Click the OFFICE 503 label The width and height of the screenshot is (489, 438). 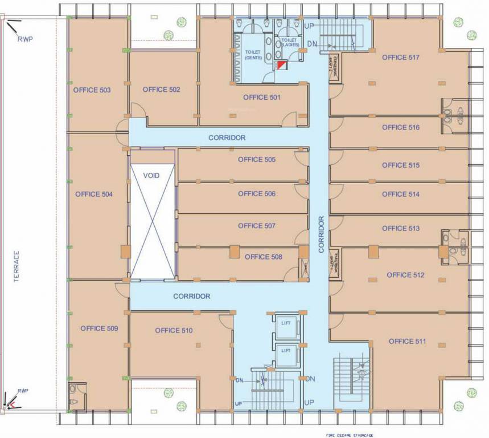point(92,90)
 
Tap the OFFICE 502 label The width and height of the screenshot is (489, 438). point(162,90)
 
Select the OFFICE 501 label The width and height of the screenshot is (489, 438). point(262,98)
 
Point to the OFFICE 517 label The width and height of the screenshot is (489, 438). point(401,58)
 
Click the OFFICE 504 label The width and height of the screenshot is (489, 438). point(93,194)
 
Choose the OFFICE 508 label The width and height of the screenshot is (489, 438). point(264,257)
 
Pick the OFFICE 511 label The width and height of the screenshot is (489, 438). point(408,342)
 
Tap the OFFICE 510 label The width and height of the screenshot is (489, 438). point(174,331)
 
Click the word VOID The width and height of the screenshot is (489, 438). point(151,176)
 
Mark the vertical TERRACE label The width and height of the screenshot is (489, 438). point(17,267)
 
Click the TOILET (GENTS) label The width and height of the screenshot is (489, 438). point(253,54)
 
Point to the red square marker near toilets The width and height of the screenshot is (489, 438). point(281,66)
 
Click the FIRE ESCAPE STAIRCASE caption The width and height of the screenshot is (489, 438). point(351,434)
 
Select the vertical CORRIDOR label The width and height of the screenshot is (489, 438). point(321,234)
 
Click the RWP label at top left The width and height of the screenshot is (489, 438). point(25,39)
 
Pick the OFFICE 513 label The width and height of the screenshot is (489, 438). point(401,229)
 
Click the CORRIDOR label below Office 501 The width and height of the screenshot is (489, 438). point(227,138)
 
